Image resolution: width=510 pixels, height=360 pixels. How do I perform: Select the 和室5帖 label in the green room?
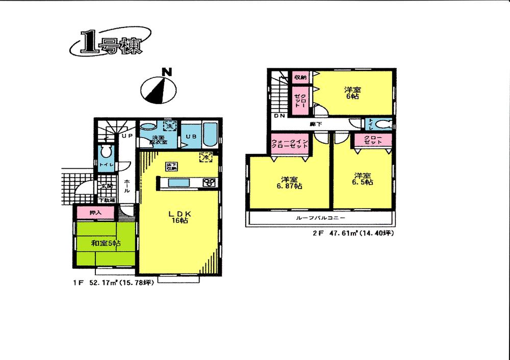click(106, 244)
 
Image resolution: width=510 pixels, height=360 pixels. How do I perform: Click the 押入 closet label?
click(95, 212)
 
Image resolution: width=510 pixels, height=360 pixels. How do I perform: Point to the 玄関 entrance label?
click(107, 187)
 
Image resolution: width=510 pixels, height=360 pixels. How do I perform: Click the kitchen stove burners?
click(210, 183)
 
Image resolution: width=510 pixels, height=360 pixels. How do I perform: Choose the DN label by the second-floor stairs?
click(279, 116)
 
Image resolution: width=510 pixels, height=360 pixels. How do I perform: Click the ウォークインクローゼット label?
click(289, 144)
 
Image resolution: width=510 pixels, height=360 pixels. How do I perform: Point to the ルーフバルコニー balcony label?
click(321, 218)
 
